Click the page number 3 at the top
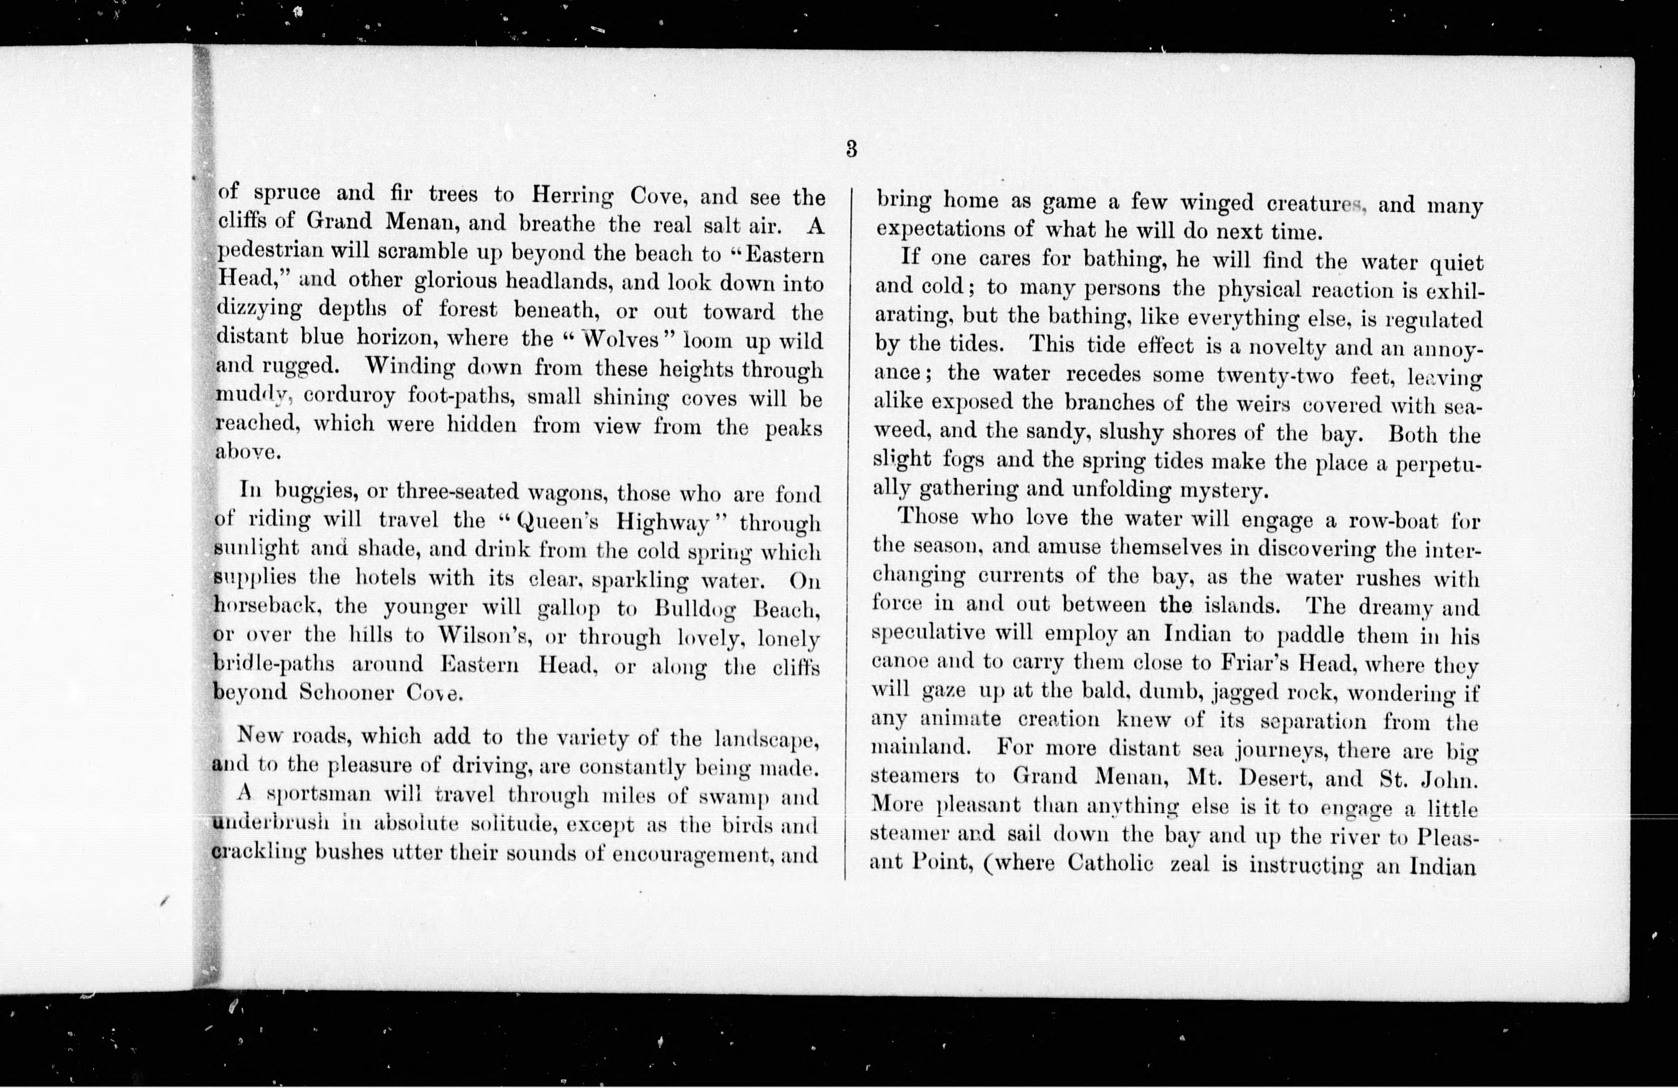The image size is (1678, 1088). [851, 150]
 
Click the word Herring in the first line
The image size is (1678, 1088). [572, 195]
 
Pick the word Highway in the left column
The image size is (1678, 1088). [663, 523]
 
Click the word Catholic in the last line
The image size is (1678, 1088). [1110, 863]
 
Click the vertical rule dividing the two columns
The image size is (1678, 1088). [849, 529]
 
